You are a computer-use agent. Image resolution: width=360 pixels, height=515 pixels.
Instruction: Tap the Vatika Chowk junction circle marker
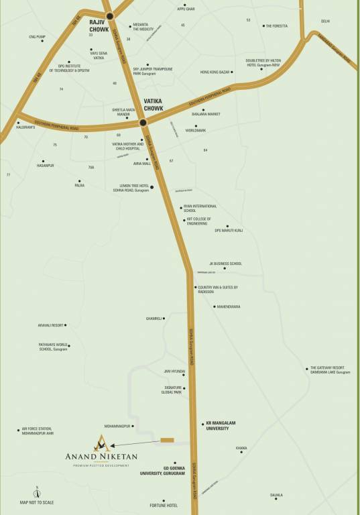(143, 123)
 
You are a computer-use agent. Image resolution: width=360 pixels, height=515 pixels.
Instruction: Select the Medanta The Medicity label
(143, 27)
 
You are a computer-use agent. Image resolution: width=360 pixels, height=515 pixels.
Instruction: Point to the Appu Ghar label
(185, 9)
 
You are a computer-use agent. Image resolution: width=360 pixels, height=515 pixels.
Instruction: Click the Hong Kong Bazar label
(215, 72)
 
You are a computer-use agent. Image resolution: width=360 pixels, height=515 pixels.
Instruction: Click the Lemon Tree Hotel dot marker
(152, 187)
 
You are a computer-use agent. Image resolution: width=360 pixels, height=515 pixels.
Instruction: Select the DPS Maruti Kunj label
(228, 231)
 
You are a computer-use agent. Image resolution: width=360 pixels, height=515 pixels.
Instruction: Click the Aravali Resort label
(50, 325)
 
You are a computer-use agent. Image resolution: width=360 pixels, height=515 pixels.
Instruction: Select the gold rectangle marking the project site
(167, 440)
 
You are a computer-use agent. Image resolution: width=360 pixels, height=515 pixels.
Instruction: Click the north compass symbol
(38, 493)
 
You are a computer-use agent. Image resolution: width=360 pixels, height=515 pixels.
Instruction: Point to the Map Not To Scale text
(37, 502)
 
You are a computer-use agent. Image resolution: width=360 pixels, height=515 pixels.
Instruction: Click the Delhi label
(325, 21)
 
